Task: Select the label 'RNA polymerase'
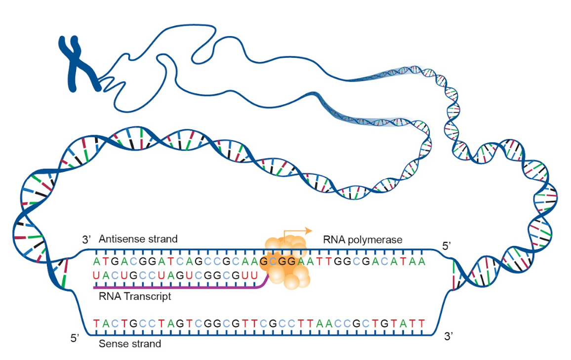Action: coord(363,240)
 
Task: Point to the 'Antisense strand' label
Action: coord(138,239)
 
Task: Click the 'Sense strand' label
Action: coord(130,343)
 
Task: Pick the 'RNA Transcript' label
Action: coord(135,296)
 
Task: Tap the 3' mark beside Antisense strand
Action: coord(87,240)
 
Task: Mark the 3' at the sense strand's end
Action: coord(449,336)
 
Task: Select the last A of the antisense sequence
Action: coord(422,261)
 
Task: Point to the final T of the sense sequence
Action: coord(422,323)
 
